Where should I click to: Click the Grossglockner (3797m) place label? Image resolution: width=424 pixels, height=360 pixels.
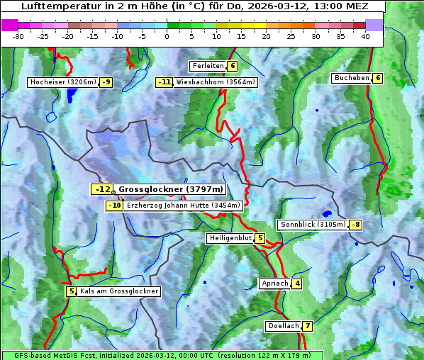click(170, 189)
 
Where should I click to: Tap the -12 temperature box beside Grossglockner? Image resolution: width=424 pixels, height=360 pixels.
click(102, 189)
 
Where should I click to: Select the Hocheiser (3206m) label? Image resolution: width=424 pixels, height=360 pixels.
click(63, 82)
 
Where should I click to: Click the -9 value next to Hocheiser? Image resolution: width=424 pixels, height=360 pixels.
click(106, 82)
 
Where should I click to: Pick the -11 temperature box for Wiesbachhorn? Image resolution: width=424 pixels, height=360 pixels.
click(164, 82)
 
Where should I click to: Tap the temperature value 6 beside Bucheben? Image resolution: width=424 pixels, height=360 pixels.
click(378, 78)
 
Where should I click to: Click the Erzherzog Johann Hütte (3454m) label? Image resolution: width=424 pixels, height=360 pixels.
click(184, 206)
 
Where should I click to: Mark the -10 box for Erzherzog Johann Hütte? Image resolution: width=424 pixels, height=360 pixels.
click(115, 206)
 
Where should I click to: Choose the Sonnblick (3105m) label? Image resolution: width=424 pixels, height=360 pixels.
click(313, 225)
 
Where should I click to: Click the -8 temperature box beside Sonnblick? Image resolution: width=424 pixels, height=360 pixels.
click(355, 225)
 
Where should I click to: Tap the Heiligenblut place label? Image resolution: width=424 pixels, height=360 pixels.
click(230, 238)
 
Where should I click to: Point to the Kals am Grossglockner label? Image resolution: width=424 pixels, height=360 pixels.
click(118, 291)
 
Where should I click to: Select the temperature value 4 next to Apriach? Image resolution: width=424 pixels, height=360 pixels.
click(297, 283)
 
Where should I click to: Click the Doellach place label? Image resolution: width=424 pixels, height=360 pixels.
click(284, 326)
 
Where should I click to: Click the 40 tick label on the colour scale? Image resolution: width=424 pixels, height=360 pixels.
click(365, 35)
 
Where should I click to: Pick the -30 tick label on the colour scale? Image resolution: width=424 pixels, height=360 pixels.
click(18, 35)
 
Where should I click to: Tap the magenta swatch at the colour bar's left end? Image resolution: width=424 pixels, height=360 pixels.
click(9, 25)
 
